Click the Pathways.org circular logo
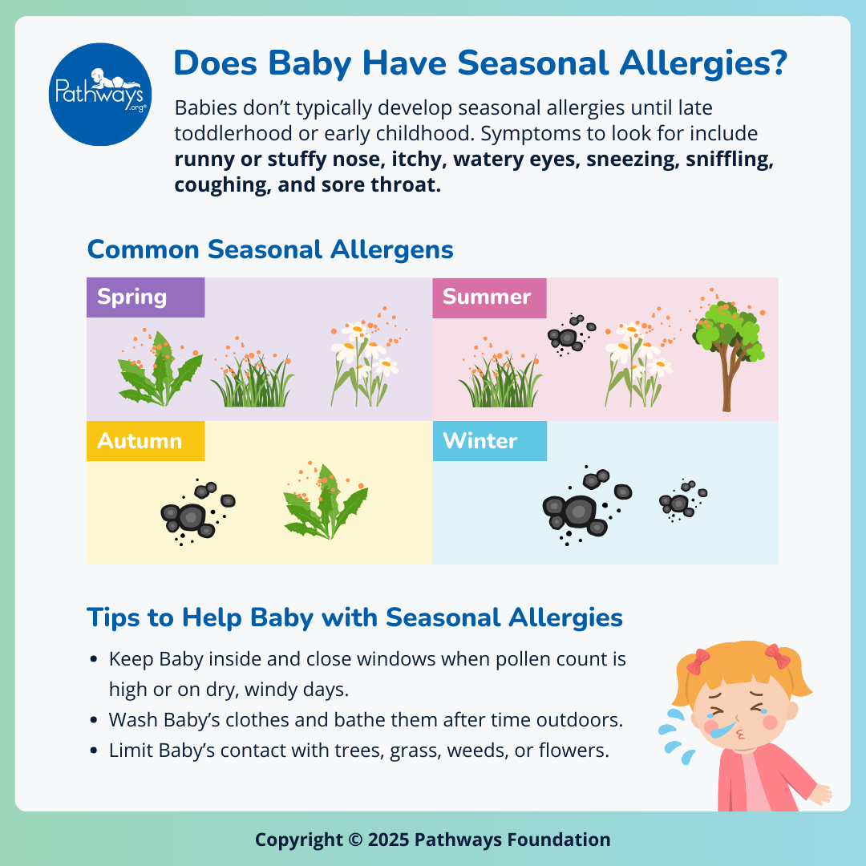100,95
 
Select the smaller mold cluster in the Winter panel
682,500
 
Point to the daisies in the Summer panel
638,361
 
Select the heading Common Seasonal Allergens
270,249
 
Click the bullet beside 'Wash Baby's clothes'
95,720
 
